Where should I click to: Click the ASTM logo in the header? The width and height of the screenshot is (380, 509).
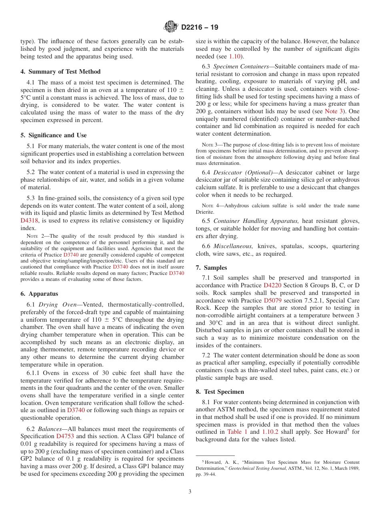(x=172, y=27)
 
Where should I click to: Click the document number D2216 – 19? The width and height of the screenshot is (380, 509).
(x=200, y=28)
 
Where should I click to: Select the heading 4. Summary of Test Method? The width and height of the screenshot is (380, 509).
(x=60, y=72)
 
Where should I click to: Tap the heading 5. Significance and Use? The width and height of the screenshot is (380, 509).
(x=54, y=135)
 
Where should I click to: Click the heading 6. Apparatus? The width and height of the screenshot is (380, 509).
(x=39, y=294)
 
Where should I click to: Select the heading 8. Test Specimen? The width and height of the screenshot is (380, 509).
(x=220, y=392)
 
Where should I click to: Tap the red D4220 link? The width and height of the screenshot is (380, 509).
(x=272, y=285)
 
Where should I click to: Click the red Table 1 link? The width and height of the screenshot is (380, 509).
(x=237, y=432)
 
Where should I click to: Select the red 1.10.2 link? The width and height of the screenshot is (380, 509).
(x=270, y=432)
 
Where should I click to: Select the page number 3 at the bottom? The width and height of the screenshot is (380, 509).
(x=190, y=492)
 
